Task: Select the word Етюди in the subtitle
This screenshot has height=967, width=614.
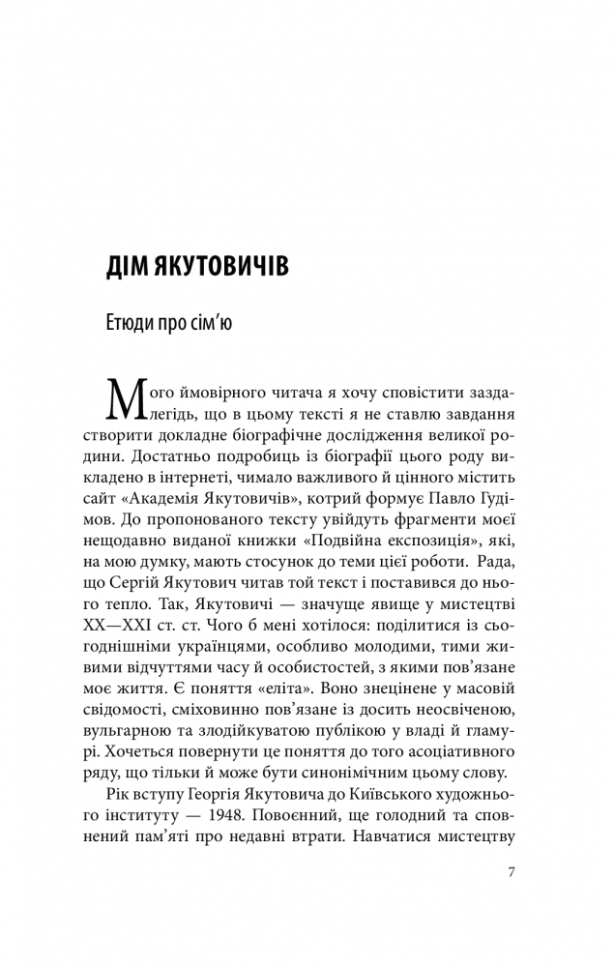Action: click(x=132, y=322)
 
